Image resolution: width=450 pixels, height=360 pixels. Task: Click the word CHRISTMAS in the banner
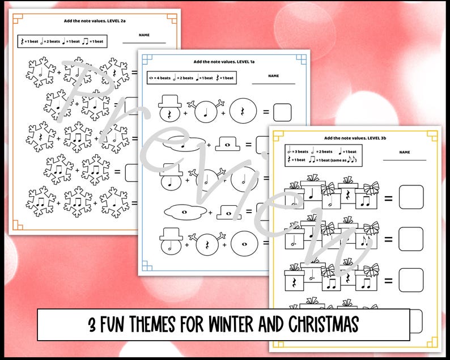pos(322,325)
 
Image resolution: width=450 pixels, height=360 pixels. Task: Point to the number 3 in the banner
pos(92,325)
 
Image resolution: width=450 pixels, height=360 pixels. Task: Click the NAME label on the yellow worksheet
pos(404,152)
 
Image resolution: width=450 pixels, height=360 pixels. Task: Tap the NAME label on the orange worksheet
pos(144,35)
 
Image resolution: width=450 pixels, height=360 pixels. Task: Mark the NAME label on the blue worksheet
pos(273,75)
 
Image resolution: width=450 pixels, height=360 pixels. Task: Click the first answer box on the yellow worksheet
pos(411,197)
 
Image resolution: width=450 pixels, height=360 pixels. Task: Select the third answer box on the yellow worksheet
pos(411,280)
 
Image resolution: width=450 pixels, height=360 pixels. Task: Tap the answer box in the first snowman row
pos(282,112)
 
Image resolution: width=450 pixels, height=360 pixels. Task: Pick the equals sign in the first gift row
pos(389,198)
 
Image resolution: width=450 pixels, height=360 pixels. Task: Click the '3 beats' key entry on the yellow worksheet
pos(298,151)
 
